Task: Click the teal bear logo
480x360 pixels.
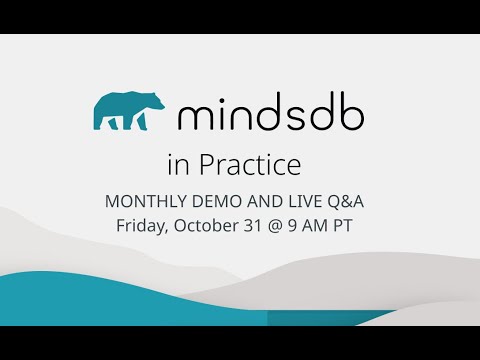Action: click(x=128, y=112)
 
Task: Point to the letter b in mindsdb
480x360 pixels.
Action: click(x=350, y=113)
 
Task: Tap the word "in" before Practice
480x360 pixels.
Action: click(x=178, y=163)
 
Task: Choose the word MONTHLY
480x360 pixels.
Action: click(x=141, y=202)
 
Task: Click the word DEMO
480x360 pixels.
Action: click(x=209, y=202)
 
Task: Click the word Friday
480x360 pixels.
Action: click(x=141, y=224)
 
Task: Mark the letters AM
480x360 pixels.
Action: click(x=320, y=224)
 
